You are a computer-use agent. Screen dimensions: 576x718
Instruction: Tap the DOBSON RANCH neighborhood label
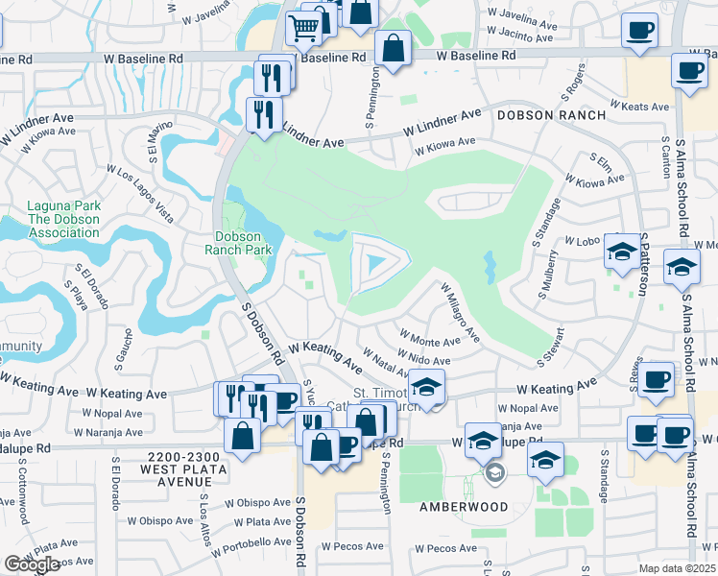coord(550,115)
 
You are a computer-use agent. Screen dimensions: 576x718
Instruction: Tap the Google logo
coord(31,564)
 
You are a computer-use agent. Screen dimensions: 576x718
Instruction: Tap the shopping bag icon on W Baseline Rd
coord(393,47)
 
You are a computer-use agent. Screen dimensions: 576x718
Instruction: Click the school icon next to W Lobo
coord(620,252)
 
